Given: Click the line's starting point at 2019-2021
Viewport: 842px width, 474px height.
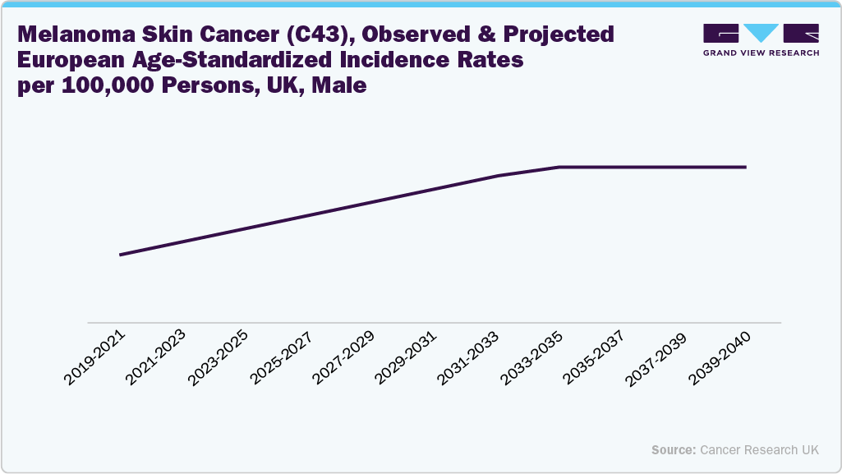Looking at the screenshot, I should click(121, 255).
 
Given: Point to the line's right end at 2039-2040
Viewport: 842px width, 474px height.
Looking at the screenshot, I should click(745, 167).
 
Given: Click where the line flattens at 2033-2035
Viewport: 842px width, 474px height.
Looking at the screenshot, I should click(559, 167).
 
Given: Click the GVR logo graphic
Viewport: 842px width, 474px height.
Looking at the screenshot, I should click(761, 34).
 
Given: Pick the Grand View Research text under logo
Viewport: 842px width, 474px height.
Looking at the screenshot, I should click(761, 53).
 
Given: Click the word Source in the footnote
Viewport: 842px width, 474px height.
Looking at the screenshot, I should click(673, 450).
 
